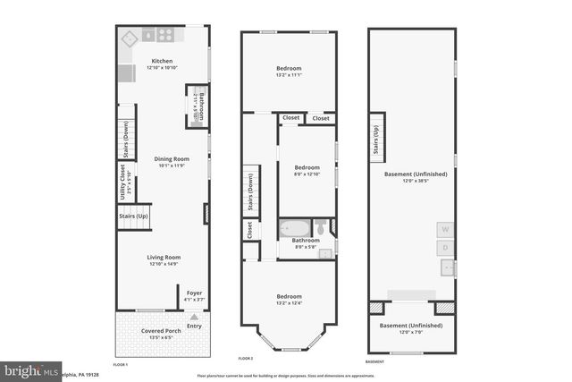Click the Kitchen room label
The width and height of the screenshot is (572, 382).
162,61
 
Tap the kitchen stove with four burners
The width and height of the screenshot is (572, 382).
165,36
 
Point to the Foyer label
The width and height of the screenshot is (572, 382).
194,293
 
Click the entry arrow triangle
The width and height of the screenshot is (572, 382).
194,315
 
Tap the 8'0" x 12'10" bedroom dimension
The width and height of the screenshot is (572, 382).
307,174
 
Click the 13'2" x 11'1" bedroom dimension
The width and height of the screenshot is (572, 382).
289,75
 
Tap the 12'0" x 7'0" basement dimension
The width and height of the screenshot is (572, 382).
408,331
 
